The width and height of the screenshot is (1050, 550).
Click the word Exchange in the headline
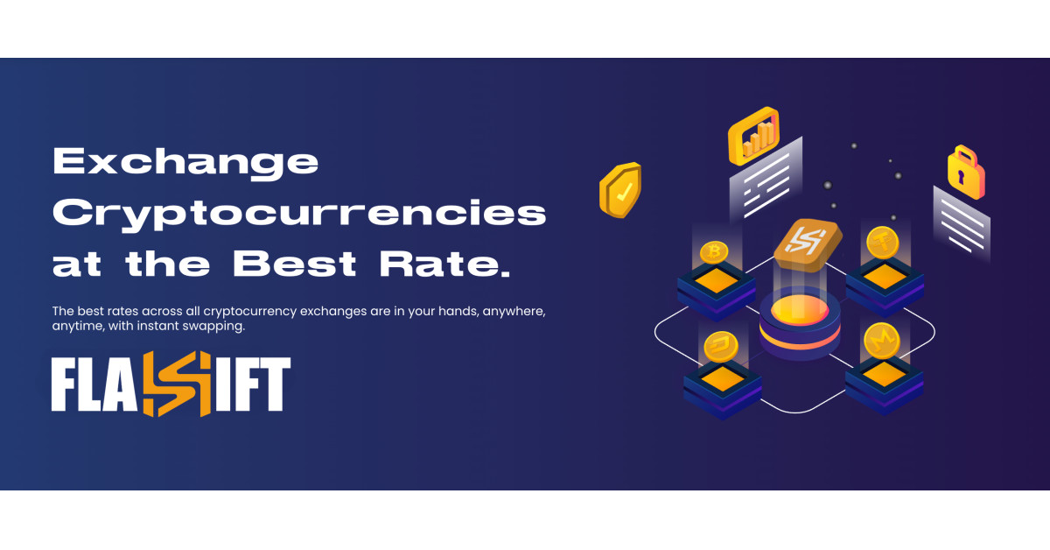click(185, 163)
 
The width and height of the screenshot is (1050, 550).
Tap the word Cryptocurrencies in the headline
click(299, 215)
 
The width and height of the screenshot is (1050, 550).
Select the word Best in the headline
click(295, 264)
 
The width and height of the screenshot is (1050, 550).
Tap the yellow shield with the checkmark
click(620, 189)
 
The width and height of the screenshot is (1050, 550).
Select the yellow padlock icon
click(966, 173)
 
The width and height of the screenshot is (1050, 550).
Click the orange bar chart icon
click(753, 136)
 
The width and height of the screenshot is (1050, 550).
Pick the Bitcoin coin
click(714, 252)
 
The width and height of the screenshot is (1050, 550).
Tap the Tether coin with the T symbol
click(883, 243)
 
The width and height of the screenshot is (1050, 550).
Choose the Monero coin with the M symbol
click(882, 341)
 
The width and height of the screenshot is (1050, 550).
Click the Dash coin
click(720, 347)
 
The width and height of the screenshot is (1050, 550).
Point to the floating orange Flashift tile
click(808, 245)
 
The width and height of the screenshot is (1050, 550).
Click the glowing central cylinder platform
click(800, 324)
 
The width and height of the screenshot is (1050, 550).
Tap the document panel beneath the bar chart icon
click(766, 180)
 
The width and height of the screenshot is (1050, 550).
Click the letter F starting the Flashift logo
click(64, 384)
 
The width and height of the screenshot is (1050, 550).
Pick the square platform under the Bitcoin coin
click(716, 292)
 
